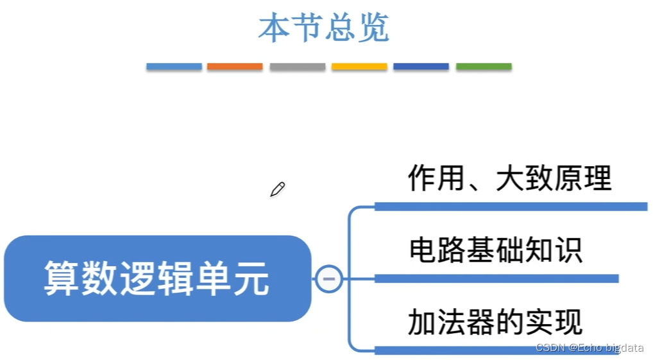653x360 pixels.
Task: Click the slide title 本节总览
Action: point(324,28)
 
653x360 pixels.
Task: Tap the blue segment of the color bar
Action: point(174,67)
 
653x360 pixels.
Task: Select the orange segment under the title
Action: point(235,67)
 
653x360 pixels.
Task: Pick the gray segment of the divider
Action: point(297,67)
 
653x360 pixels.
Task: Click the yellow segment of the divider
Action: point(359,67)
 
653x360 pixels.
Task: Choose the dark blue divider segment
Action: point(421,67)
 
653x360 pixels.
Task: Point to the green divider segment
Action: point(484,67)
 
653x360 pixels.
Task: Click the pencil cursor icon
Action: point(277,189)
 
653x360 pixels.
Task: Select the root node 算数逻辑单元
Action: point(157,279)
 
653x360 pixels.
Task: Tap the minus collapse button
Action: point(329,279)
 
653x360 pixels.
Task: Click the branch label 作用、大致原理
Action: point(510,178)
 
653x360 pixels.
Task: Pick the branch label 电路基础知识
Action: point(495,250)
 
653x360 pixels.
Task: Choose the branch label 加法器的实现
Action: point(495,321)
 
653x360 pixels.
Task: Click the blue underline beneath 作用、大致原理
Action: point(511,206)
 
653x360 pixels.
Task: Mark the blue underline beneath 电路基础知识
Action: point(496,279)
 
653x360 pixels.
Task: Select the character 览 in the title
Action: point(373,28)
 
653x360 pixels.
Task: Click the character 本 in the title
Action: point(275,28)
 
